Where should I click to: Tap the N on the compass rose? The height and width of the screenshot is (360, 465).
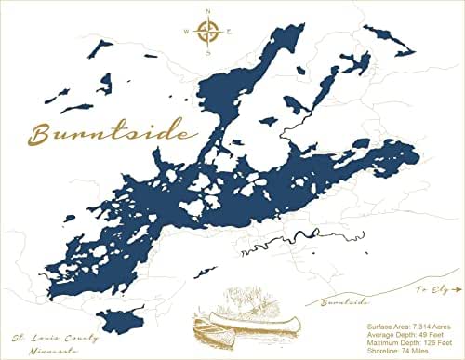click(207, 13)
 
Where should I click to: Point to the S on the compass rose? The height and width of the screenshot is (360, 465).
click(207, 52)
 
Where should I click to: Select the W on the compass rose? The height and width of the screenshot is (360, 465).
click(187, 33)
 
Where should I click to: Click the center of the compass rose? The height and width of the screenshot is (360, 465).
click(207, 33)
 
